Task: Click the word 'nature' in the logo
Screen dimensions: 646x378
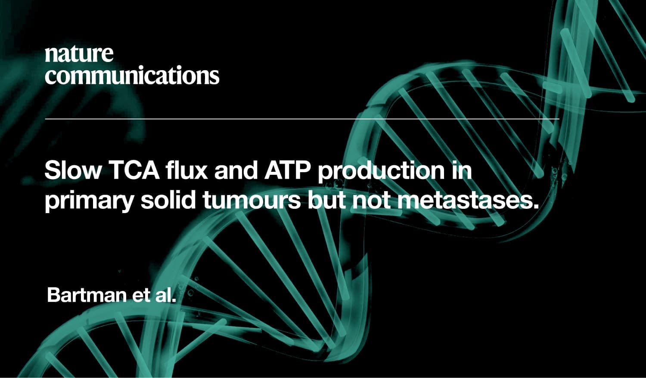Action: (79, 54)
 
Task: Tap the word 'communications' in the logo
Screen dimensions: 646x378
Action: (132, 74)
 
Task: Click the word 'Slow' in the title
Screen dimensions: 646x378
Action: (73, 170)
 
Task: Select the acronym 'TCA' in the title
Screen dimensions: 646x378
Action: (135, 170)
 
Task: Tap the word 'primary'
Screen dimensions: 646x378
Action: (89, 201)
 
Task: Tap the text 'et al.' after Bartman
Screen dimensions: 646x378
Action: (154, 294)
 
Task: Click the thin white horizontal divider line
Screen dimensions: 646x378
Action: (302, 119)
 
